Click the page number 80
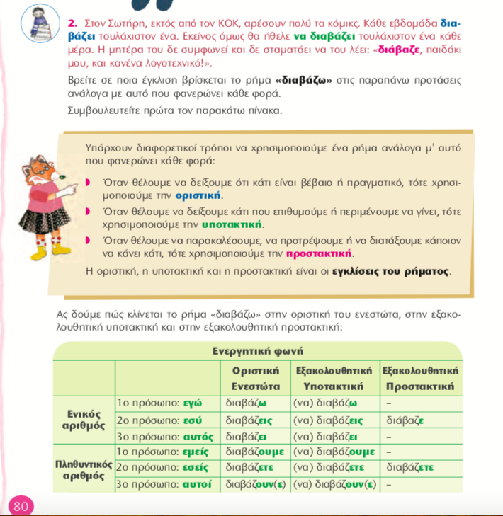[x=21, y=506]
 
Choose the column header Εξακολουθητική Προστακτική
[x=421, y=379]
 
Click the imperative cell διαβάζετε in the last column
[x=409, y=468]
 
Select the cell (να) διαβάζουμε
[x=334, y=452]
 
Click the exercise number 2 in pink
[x=72, y=23]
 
